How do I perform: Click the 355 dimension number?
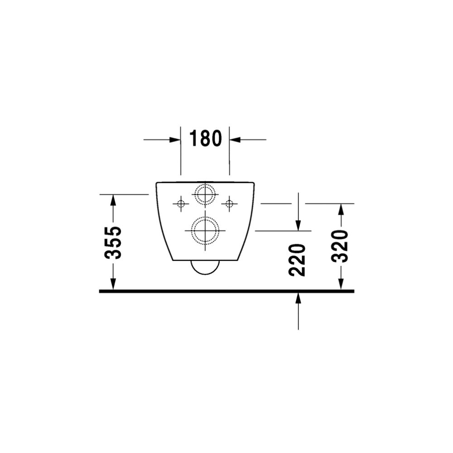[113, 243]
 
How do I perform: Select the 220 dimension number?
[297, 260]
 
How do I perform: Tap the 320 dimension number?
[340, 246]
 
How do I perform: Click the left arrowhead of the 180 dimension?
[175, 140]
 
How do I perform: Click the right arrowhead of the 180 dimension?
[235, 140]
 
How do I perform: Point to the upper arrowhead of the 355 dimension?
[113, 200]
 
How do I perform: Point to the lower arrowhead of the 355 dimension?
[113, 284]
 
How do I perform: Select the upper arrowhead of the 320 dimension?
[341, 209]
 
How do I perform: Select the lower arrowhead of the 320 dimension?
[341, 284]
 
